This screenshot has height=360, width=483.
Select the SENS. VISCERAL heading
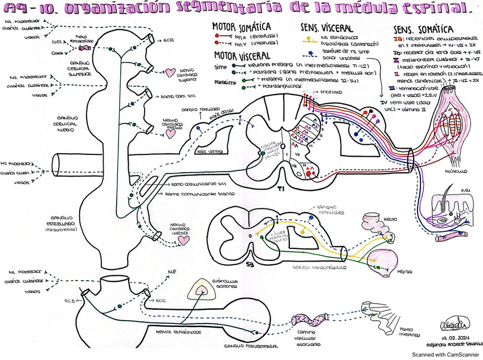(326, 27)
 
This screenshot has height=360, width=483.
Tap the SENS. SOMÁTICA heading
(423, 29)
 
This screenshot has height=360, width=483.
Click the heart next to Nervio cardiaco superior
(170, 72)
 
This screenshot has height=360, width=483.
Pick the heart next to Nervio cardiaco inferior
(183, 240)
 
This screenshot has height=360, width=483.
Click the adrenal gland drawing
(201, 292)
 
